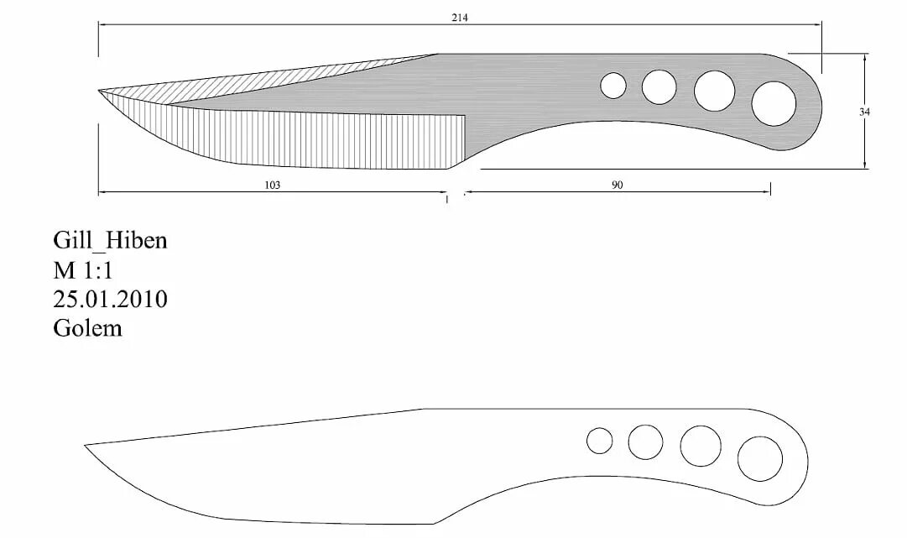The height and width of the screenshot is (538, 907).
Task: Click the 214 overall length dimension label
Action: (x=459, y=18)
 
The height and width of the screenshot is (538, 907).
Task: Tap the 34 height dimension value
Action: (x=864, y=112)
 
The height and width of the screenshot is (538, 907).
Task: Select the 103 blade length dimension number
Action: (x=272, y=185)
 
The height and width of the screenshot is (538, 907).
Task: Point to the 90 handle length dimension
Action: (x=617, y=185)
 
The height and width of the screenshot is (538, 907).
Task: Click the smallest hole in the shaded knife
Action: (x=613, y=85)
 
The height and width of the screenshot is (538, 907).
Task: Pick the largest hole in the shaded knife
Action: (x=774, y=104)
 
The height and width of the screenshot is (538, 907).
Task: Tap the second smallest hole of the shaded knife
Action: (x=659, y=86)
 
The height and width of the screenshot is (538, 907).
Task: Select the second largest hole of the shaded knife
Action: (x=715, y=91)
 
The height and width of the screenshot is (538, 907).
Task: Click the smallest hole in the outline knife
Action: (x=600, y=441)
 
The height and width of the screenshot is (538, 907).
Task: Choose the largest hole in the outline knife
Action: (x=760, y=459)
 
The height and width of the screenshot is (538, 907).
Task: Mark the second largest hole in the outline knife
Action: (x=701, y=446)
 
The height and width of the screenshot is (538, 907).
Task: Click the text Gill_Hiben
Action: (x=110, y=241)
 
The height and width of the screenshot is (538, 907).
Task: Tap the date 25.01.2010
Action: (x=110, y=299)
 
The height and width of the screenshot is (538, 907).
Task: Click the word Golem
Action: (x=87, y=328)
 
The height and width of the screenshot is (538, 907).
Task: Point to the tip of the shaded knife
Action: (x=99, y=90)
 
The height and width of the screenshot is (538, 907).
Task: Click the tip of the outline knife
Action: (x=86, y=445)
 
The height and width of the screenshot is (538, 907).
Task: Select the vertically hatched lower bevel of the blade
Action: (x=319, y=138)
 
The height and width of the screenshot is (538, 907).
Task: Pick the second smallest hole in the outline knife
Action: (x=645, y=442)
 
